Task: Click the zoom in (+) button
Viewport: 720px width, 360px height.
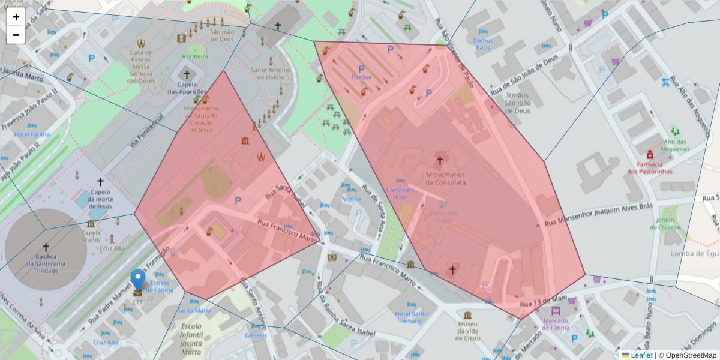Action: coord(16,17)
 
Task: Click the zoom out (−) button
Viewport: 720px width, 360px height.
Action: coord(16,35)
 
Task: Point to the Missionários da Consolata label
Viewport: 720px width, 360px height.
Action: coord(440,178)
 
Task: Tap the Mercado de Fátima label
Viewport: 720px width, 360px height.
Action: coord(556,324)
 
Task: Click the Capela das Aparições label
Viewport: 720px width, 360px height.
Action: coord(187,88)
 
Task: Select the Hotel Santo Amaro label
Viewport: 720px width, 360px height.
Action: coord(412,317)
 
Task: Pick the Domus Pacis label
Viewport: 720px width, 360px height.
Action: coord(482,44)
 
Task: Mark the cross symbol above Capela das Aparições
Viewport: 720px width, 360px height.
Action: coord(187,75)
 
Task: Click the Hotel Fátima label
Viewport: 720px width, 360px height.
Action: coord(31,134)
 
